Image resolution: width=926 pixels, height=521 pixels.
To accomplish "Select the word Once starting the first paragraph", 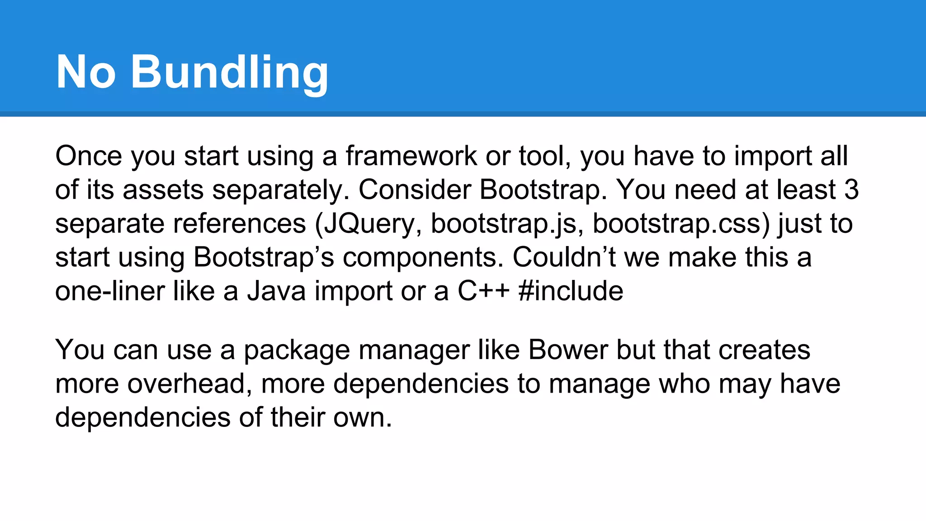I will tap(89, 156).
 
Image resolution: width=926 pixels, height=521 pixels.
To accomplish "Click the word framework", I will tap(411, 156).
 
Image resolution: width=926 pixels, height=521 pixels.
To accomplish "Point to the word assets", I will tap(163, 189).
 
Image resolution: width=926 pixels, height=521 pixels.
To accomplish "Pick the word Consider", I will tap(415, 189).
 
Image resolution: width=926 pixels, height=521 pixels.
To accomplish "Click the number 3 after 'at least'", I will tap(851, 189).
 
